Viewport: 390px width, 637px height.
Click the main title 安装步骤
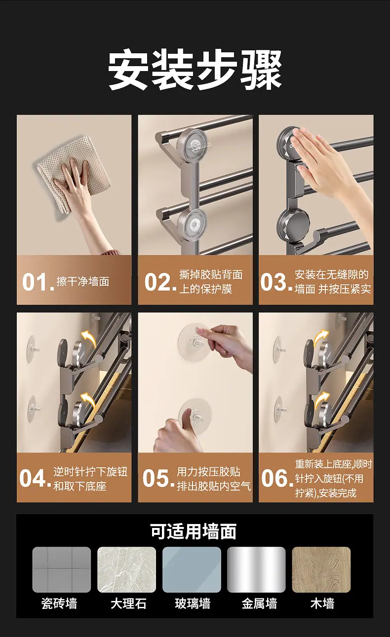(x=195, y=69)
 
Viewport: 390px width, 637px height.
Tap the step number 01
(x=38, y=282)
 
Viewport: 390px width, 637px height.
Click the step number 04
(x=35, y=478)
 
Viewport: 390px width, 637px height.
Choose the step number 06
(x=277, y=478)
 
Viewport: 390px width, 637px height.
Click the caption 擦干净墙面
(x=83, y=282)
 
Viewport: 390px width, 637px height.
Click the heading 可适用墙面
(x=194, y=531)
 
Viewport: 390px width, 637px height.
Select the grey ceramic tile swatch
(x=61, y=569)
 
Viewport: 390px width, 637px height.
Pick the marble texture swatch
(x=126, y=569)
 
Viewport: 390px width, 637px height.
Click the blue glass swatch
(x=192, y=569)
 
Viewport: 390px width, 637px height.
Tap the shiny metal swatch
(x=256, y=569)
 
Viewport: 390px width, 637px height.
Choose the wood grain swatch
(x=321, y=569)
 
